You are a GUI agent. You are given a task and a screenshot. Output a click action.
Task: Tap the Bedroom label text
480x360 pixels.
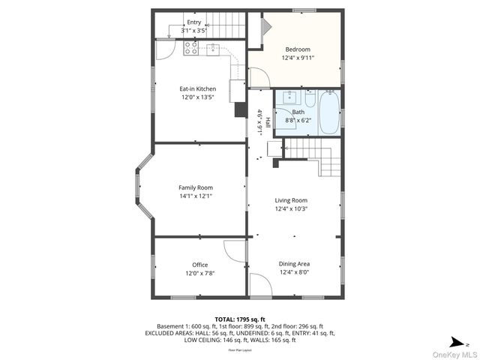tap(297, 49)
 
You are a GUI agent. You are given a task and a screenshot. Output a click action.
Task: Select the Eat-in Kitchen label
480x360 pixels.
tap(197, 88)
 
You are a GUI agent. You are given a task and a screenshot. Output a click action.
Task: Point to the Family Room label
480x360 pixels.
tap(195, 187)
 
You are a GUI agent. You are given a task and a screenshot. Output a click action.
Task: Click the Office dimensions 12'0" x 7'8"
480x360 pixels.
tap(199, 274)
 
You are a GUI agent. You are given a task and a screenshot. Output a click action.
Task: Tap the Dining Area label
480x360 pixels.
tap(294, 264)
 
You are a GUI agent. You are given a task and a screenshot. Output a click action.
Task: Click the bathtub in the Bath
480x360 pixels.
tap(328, 112)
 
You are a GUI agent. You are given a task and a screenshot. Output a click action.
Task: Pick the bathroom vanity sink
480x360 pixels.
tap(289, 98)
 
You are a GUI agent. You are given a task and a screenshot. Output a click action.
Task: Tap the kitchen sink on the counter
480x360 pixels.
tap(213, 49)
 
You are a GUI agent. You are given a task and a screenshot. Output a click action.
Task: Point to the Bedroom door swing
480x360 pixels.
tap(259, 77)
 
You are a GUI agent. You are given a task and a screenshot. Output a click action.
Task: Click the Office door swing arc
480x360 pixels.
tap(235, 250)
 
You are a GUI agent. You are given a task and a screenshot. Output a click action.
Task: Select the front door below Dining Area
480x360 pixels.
tap(260, 285)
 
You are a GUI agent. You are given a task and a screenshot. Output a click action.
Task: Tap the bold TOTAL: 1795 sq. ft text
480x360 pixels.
tap(240, 319)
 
